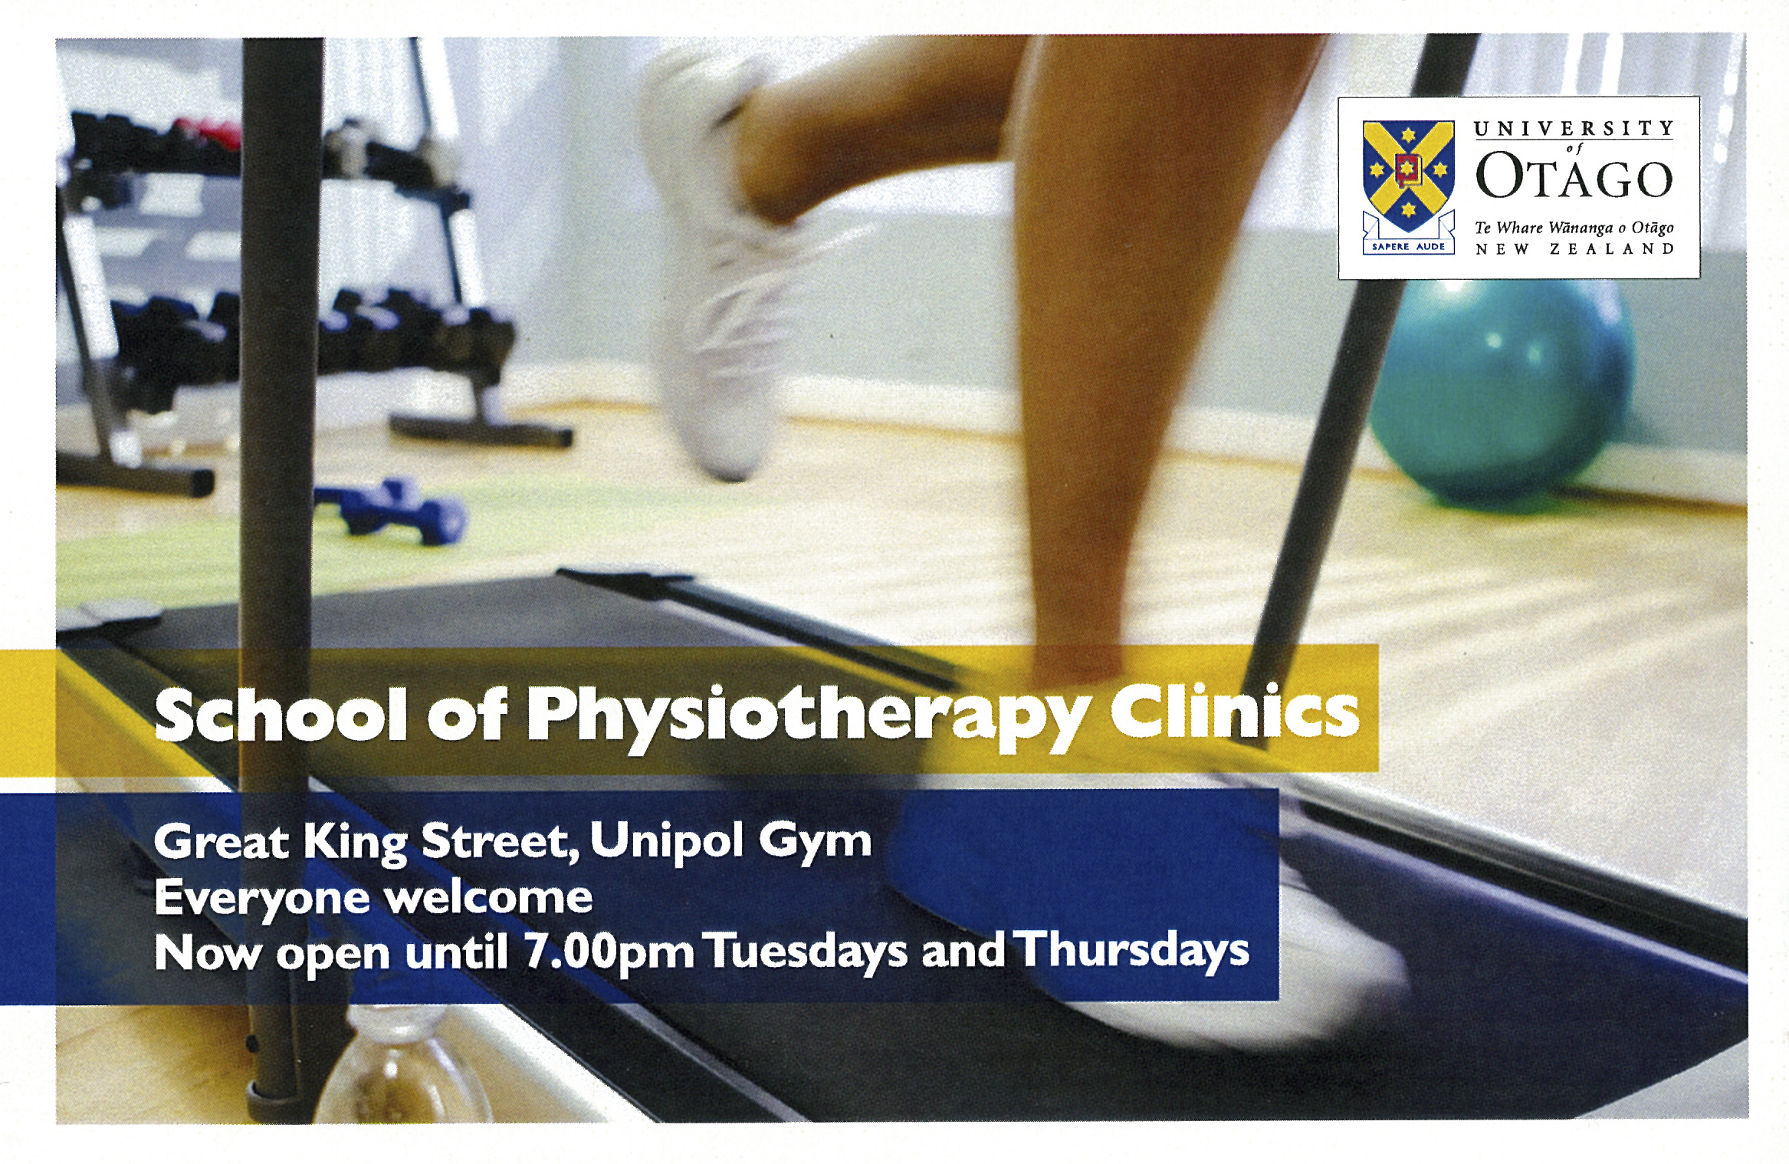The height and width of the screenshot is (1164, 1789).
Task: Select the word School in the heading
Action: point(281,714)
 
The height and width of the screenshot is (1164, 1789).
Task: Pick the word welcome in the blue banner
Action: point(489,896)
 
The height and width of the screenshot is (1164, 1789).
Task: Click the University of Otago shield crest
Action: point(1408,177)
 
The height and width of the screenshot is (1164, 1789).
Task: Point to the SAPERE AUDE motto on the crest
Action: point(1408,246)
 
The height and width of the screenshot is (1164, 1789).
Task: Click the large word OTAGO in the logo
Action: point(1574,176)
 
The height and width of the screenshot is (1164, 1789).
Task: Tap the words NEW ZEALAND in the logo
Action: point(1574,249)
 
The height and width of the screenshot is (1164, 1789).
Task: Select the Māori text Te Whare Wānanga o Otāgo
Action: point(1574,228)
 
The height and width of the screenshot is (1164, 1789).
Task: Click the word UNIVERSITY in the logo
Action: point(1574,129)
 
